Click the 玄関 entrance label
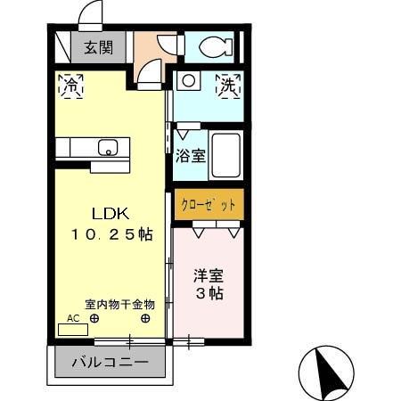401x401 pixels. (x=98, y=48)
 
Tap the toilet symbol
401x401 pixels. (x=211, y=45)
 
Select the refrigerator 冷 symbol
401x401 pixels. (x=70, y=86)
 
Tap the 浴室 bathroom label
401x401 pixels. (x=191, y=155)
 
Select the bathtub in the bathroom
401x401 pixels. (x=225, y=156)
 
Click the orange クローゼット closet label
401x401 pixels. (x=209, y=205)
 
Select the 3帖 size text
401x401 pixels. (x=209, y=293)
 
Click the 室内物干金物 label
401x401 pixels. (x=119, y=304)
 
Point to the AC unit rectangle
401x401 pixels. (x=73, y=329)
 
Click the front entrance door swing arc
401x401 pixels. (x=89, y=13)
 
